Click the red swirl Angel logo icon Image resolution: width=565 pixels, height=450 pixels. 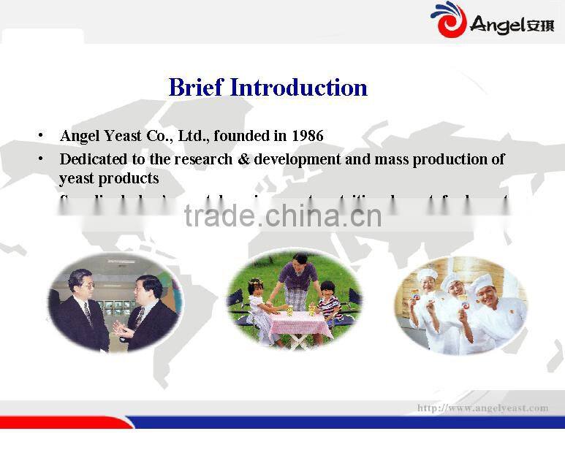[x=447, y=20]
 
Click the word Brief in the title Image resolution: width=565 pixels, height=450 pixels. [x=196, y=88]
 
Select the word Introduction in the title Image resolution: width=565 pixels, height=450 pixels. [x=299, y=88]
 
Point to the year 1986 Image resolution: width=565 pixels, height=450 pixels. [x=307, y=136]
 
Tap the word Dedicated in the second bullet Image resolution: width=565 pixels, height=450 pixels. [x=92, y=159]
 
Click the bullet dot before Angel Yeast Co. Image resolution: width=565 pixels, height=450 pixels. [x=42, y=136]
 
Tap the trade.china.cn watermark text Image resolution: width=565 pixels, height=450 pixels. [x=283, y=216]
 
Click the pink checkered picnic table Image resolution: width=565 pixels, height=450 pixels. [x=300, y=323]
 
